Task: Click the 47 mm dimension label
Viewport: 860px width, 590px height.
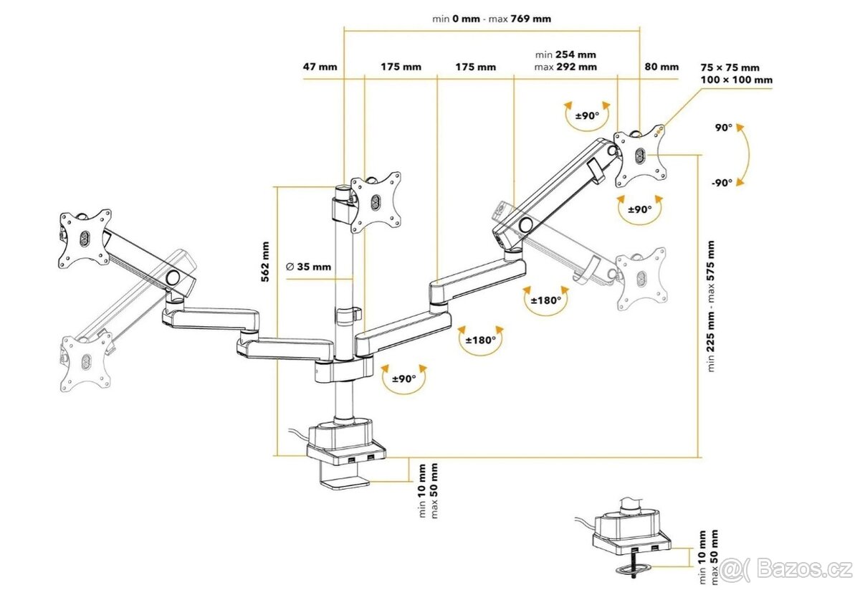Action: coord(320,67)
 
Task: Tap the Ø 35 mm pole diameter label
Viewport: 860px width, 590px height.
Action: coord(309,267)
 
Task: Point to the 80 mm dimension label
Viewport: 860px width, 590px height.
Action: coord(661,67)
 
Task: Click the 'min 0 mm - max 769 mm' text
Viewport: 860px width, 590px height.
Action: coord(492,19)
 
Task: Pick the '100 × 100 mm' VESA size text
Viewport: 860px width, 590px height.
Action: coord(737,80)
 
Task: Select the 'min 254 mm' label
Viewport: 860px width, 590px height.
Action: coord(565,54)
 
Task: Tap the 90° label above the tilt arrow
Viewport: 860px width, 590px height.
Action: coord(723,128)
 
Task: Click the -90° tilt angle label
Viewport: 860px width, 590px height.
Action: coord(722,183)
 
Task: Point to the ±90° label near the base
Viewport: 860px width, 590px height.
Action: coord(404,379)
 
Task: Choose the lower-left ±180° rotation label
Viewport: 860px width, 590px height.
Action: coord(481,341)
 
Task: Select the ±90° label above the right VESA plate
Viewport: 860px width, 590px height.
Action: coord(587,116)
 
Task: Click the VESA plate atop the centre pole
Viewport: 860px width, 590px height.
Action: coord(375,201)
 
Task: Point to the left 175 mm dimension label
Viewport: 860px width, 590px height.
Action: coord(401,67)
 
